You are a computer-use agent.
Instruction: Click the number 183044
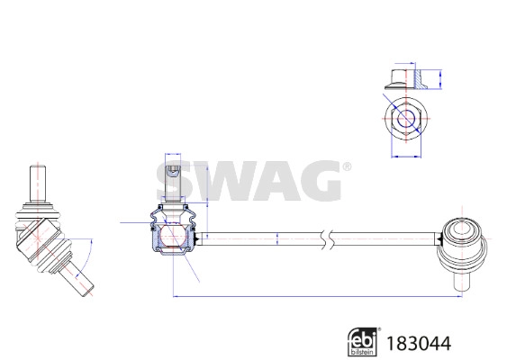(418, 343)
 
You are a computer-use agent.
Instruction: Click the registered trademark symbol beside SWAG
(347, 168)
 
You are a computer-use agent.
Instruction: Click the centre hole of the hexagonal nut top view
(405, 119)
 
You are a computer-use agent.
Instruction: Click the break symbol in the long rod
(326, 238)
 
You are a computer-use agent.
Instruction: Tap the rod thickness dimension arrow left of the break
(277, 238)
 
